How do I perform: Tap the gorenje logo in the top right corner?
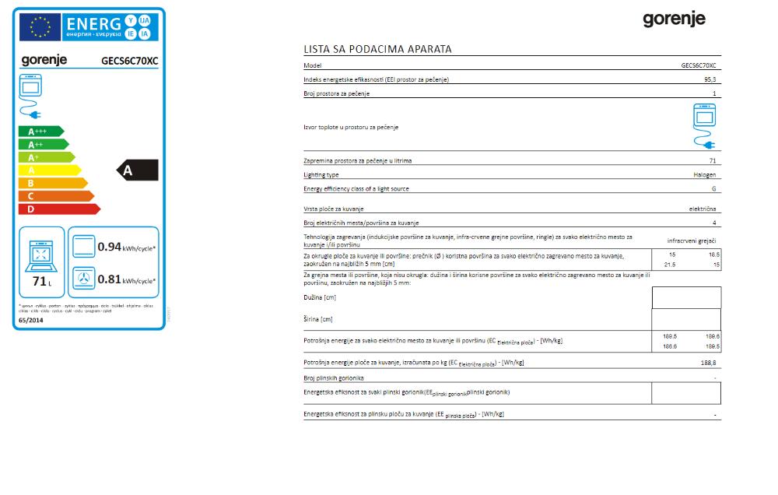(674, 19)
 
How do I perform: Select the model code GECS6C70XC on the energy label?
(129, 60)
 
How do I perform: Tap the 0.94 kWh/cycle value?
(110, 247)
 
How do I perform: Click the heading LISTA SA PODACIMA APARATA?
(377, 49)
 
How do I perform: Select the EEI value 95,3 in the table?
(710, 80)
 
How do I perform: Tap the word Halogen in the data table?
(705, 175)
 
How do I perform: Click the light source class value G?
(713, 189)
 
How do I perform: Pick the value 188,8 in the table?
(708, 363)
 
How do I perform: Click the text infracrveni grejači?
(692, 240)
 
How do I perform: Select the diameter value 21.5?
(670, 265)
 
